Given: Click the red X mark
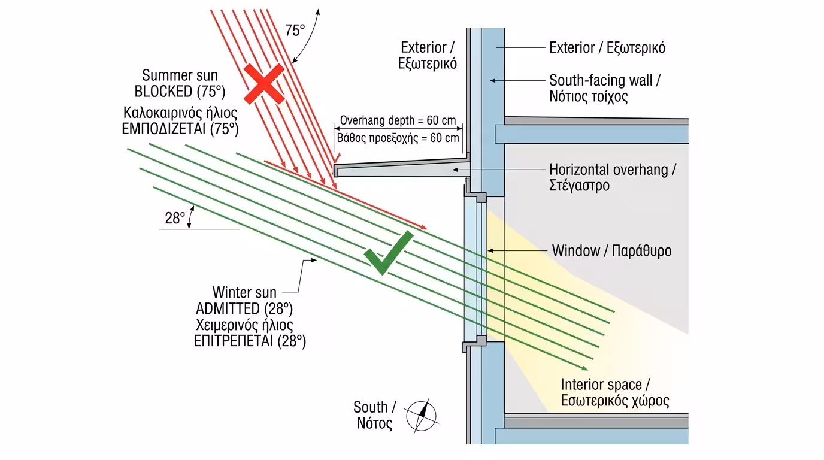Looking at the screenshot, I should [263, 84].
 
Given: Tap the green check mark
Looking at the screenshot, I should [388, 253].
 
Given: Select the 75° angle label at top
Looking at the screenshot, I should [295, 31].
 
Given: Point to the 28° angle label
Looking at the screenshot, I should [175, 219].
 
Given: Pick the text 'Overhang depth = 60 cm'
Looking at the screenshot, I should [398, 120].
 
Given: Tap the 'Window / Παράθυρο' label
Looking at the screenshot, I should [611, 250].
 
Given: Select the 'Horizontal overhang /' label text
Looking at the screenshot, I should [613, 170].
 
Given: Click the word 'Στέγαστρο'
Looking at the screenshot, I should [579, 186].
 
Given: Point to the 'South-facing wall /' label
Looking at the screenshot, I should [605, 80].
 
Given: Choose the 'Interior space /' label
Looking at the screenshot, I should [609, 385].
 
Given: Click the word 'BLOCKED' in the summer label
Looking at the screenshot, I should [162, 92].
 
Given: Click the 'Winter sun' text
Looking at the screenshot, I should [244, 292].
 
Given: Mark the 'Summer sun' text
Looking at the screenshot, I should [180, 75].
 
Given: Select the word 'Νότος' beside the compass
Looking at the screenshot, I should [374, 424].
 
